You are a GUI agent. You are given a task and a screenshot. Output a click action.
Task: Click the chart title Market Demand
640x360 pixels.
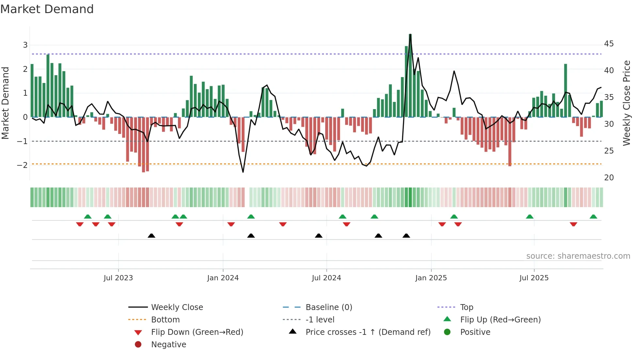(47, 9)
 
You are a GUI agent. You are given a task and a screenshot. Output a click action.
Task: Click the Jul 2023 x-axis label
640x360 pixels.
(118, 278)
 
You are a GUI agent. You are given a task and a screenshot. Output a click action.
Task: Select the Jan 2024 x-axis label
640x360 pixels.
(223, 278)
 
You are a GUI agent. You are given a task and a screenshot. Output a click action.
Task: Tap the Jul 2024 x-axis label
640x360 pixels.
(326, 278)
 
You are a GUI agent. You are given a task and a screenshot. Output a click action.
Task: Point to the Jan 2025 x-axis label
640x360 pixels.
(431, 278)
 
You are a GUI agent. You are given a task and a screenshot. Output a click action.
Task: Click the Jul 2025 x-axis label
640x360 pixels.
(534, 278)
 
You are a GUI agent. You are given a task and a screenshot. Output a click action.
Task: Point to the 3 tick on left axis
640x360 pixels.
(25, 45)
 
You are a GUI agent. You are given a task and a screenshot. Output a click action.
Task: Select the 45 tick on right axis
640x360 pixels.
(609, 44)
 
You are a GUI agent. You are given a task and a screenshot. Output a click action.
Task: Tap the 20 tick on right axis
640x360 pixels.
(609, 178)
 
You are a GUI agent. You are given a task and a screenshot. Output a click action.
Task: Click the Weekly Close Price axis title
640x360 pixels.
(626, 103)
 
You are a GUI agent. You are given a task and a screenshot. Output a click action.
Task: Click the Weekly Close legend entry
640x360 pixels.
(177, 307)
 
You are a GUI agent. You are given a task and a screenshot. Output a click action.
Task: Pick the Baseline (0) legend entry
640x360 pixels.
(328, 307)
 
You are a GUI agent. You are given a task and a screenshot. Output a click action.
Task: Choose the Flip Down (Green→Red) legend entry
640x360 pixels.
(197, 332)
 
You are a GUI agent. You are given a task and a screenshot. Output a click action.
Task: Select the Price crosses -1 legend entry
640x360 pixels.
(368, 332)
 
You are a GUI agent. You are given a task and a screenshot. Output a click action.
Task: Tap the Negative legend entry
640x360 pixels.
(168, 345)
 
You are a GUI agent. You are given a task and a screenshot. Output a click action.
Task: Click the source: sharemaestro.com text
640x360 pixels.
(578, 256)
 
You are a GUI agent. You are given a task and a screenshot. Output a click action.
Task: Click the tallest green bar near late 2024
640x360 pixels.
(410, 75)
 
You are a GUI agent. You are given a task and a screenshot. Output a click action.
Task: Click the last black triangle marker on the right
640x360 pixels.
(406, 236)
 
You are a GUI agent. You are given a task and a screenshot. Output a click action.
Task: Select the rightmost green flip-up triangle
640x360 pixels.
(593, 217)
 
